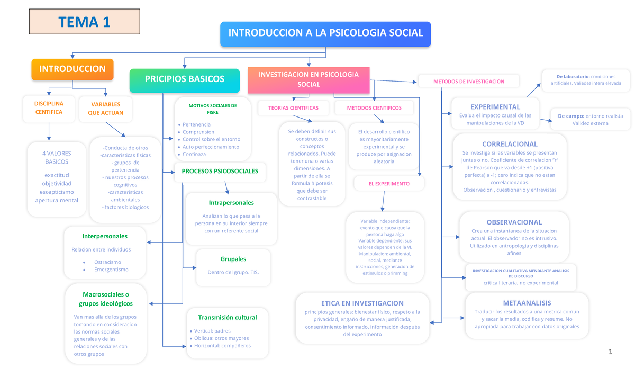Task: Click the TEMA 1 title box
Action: click(85, 22)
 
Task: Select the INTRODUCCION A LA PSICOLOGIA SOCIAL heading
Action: click(325, 33)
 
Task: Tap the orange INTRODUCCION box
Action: click(72, 69)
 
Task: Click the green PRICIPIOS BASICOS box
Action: click(185, 79)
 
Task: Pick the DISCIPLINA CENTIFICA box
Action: click(49, 108)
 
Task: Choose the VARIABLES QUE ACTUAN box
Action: click(105, 109)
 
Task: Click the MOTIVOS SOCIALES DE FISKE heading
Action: click(213, 109)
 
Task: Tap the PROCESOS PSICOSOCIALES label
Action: click(220, 171)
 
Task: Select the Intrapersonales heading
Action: click(231, 203)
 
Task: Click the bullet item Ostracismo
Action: click(107, 262)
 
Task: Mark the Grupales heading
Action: click(233, 259)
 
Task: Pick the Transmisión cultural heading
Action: click(227, 318)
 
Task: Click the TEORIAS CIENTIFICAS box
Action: click(293, 108)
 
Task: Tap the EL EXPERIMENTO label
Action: click(389, 184)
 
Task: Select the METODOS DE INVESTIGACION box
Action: click(469, 82)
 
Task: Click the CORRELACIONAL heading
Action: click(510, 144)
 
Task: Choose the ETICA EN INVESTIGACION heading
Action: click(362, 303)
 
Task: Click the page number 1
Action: click(610, 351)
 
